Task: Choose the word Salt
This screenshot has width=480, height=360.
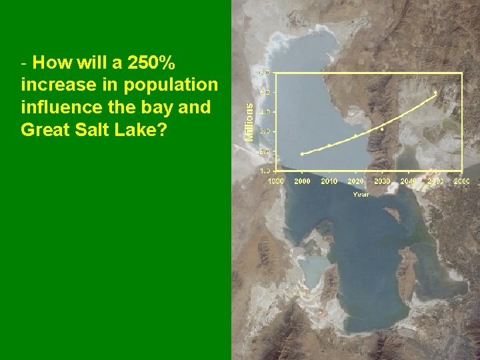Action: coord(91,129)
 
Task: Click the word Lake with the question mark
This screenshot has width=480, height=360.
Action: coord(141,129)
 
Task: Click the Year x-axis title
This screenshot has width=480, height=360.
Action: coord(361,194)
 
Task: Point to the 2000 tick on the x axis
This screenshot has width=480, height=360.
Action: coord(302,181)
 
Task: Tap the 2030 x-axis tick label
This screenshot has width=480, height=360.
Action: coord(382,181)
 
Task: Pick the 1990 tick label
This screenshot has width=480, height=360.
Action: coord(275,181)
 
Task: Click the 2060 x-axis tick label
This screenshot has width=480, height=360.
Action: coord(461,181)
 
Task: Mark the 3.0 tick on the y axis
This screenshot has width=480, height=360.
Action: coord(265,131)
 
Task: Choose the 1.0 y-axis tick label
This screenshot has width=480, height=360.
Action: coord(265,171)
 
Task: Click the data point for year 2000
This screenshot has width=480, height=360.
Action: coord(302,154)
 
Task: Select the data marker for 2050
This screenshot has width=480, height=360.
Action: coord(435,92)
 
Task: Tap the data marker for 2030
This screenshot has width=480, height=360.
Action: coord(382,128)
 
